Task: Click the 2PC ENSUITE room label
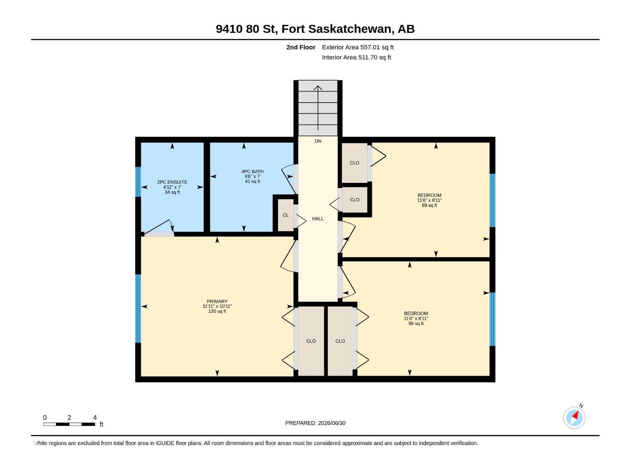(172, 182)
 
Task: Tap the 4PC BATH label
(252, 171)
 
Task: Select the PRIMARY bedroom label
(217, 301)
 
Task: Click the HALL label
(317, 218)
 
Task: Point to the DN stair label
(317, 141)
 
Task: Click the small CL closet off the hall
(286, 215)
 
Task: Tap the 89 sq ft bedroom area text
(429, 205)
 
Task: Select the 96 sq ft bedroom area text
(416, 323)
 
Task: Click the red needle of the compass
(575, 415)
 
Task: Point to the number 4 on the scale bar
(95, 417)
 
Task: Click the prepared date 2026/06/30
(331, 423)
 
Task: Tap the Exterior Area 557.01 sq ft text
(358, 47)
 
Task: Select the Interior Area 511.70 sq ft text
(356, 57)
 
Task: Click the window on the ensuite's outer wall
(138, 182)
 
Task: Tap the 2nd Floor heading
(301, 47)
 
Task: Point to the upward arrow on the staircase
(317, 108)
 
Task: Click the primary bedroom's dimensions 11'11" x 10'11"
(217, 306)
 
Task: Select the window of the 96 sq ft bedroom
(492, 319)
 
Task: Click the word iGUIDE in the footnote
(165, 443)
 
